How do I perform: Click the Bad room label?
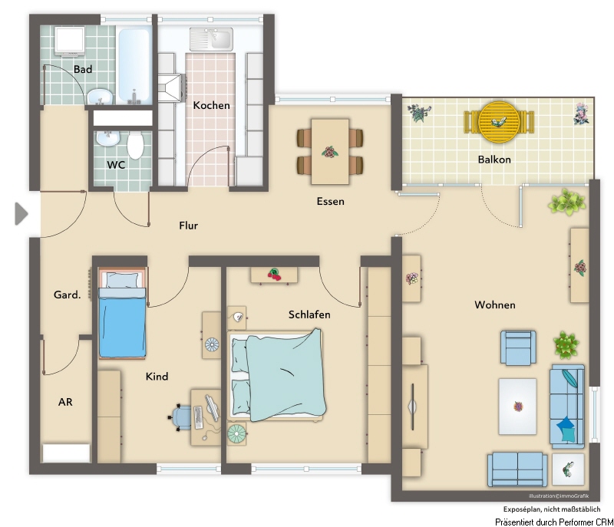tap(83, 69)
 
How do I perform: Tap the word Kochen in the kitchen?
tap(212, 105)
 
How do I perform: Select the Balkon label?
tap(494, 160)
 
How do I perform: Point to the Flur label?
tap(188, 226)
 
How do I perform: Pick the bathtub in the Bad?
tap(135, 65)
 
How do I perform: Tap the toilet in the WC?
tap(136, 145)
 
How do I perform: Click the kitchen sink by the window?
tap(211, 38)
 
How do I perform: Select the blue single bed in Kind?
tap(122, 313)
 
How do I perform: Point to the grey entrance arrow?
tap(21, 214)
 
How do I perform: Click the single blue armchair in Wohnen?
tap(518, 347)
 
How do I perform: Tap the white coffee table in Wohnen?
tap(517, 407)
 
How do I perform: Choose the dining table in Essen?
tap(330, 152)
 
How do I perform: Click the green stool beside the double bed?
tap(236, 433)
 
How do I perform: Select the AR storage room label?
tap(65, 402)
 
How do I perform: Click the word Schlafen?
tap(309, 315)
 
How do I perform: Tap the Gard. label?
tap(68, 295)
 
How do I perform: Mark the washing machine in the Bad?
tap(70, 41)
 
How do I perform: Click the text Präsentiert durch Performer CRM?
tap(554, 522)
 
